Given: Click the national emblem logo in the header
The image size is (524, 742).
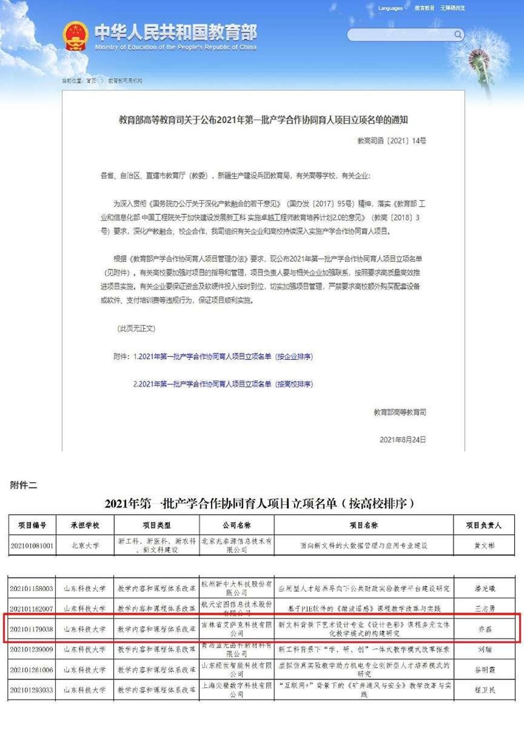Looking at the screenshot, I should (x=75, y=36).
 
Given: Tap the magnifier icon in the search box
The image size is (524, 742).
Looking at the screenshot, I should (x=458, y=34).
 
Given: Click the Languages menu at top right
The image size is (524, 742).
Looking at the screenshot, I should (x=391, y=8).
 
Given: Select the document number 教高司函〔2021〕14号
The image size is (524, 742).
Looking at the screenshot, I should (x=391, y=141).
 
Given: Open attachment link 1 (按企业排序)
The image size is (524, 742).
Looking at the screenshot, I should (x=223, y=357).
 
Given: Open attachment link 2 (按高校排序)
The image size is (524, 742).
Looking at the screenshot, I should (x=223, y=384).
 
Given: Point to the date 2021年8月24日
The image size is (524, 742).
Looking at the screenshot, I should (x=402, y=440).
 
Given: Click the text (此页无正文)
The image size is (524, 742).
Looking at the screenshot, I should (x=136, y=328).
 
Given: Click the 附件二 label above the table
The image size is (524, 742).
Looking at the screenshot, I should (x=24, y=485).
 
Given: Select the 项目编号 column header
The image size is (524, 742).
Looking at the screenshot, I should (x=32, y=525).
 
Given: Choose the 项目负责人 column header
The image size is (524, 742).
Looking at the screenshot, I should (x=483, y=525).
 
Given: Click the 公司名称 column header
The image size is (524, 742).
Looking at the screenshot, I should (x=236, y=525).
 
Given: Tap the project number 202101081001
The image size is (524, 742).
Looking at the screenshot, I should (x=32, y=546).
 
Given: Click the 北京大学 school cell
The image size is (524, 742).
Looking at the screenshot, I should (x=85, y=546).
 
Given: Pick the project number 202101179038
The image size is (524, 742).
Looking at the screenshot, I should (x=32, y=629).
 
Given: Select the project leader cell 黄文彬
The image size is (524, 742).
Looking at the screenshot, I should (x=484, y=546).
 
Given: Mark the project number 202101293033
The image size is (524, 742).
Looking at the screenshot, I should (x=32, y=690).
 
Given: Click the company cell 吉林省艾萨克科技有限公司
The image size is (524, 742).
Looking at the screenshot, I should (x=236, y=629).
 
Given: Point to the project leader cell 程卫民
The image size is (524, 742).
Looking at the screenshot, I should (x=485, y=690).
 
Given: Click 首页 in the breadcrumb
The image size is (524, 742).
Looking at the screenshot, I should (x=91, y=81).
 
